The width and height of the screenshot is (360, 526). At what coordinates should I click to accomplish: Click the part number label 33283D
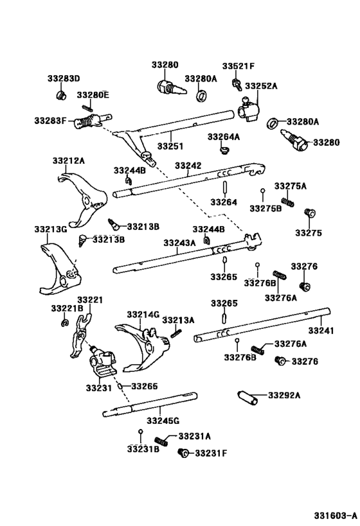click(x=63, y=78)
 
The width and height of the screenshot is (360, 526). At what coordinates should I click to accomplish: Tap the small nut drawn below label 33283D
click(x=62, y=96)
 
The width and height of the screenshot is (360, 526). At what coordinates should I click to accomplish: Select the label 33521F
click(x=239, y=66)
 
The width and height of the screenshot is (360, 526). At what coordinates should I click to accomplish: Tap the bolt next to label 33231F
click(x=183, y=453)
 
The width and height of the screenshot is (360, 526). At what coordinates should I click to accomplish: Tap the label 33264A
click(x=223, y=137)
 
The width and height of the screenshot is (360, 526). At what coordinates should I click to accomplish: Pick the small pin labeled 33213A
click(x=177, y=332)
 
